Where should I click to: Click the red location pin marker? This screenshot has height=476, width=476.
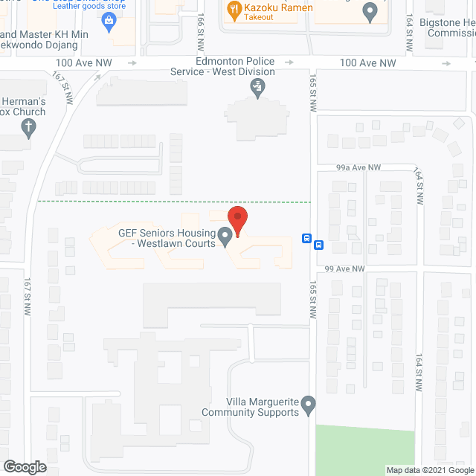(x=237, y=220)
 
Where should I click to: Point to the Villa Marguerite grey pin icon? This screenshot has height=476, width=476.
(x=309, y=406)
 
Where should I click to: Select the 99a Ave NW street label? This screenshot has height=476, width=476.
(x=358, y=168)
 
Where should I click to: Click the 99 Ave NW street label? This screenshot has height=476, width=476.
(x=345, y=268)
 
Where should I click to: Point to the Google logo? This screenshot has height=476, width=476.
(x=24, y=467)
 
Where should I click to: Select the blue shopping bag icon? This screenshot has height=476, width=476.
(x=109, y=20)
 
